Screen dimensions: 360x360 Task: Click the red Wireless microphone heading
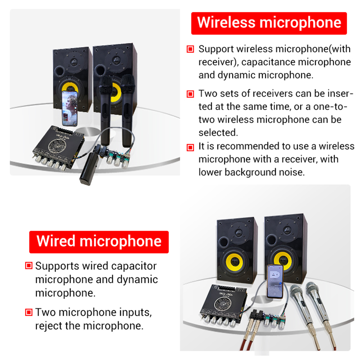point(269,23)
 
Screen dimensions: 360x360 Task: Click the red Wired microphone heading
point(99,242)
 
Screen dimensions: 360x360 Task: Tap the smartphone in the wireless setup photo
point(69,109)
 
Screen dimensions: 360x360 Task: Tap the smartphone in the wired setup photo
point(275,282)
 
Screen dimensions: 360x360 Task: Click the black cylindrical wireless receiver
point(89,169)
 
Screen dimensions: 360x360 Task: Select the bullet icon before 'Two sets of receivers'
point(190,94)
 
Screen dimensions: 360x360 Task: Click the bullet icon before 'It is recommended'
point(190,147)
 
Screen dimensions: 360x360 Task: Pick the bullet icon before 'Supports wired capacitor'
point(29,266)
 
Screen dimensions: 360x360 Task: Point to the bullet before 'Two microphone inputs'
point(29,312)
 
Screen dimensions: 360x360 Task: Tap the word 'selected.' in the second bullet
point(218,133)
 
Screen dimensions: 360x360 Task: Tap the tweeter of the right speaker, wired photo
point(287,229)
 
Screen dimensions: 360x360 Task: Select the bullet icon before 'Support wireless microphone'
point(190,49)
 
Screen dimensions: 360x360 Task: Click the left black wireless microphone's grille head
point(105,82)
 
